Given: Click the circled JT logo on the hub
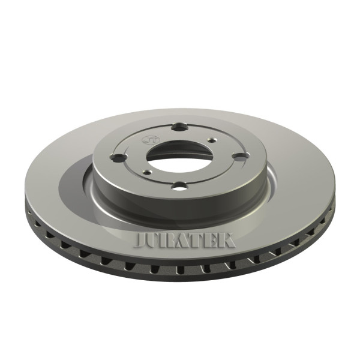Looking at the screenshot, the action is coord(146,139).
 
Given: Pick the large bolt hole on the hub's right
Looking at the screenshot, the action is coord(240,157).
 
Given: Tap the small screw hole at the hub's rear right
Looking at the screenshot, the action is coord(211,140).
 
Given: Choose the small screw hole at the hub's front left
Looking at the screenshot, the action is coord(147,172).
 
